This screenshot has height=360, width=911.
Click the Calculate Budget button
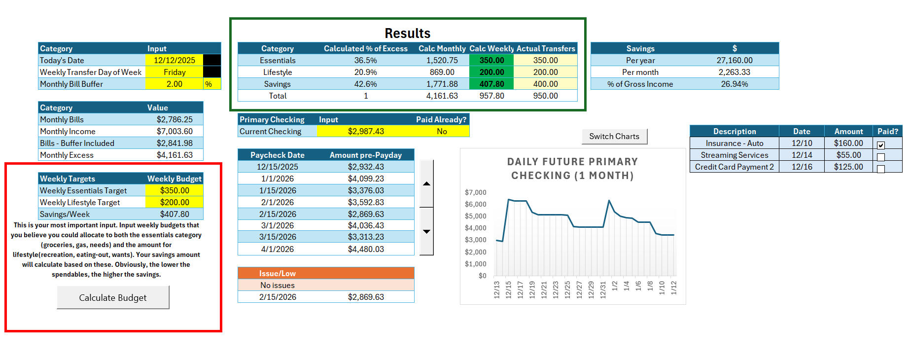pos(113,297)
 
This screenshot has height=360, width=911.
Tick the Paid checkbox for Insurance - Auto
pos(881,145)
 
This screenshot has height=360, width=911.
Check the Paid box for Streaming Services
pos(881,157)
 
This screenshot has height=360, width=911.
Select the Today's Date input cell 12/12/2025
pos(175,60)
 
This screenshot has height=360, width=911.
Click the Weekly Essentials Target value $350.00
pos(175,190)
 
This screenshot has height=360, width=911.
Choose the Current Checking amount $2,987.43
pos(366,131)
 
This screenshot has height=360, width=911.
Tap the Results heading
pos(407,33)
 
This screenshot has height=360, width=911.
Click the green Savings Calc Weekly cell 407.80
pos(491,84)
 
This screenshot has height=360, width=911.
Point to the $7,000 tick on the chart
pos(475,192)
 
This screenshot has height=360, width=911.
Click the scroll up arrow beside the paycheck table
pos(426,183)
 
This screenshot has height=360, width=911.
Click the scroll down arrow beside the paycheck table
pos(426,231)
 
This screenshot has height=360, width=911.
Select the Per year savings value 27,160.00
pos(734,60)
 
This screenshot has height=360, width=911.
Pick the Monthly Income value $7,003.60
pos(175,131)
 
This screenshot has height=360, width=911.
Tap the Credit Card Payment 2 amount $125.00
pos(848,167)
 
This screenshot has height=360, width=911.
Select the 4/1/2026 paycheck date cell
pos(278,249)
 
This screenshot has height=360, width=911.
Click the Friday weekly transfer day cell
pos(175,72)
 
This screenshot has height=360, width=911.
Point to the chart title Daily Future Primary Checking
pos(572,168)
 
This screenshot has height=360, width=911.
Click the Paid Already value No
pos(442,131)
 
